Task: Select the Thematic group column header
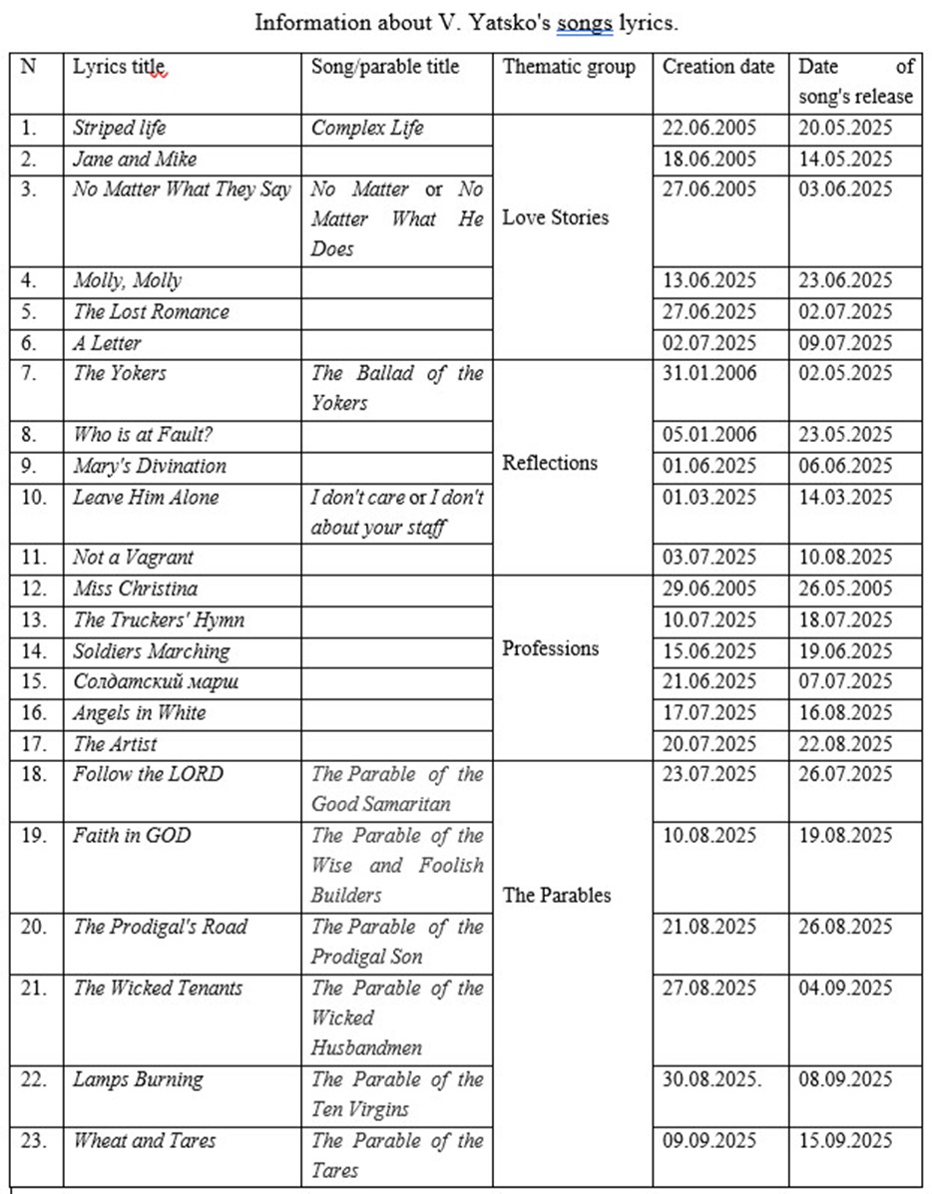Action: coord(569,67)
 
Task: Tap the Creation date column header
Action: coord(718,67)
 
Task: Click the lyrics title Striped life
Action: coord(120,128)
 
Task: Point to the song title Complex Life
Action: coord(367,128)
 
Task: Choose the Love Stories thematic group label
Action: coord(555,217)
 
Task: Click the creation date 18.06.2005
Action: coord(709,159)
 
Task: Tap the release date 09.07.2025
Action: coord(845,342)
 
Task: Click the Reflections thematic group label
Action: coord(550,463)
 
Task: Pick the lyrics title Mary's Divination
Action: coord(150,466)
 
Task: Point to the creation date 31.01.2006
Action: coord(709,373)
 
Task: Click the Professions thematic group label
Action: coord(551,648)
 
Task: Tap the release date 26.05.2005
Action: coord(845,589)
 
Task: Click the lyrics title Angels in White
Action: coord(140,713)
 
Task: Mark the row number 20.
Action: coord(34,927)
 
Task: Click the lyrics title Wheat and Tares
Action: coord(144,1140)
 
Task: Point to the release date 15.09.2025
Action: coord(845,1140)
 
